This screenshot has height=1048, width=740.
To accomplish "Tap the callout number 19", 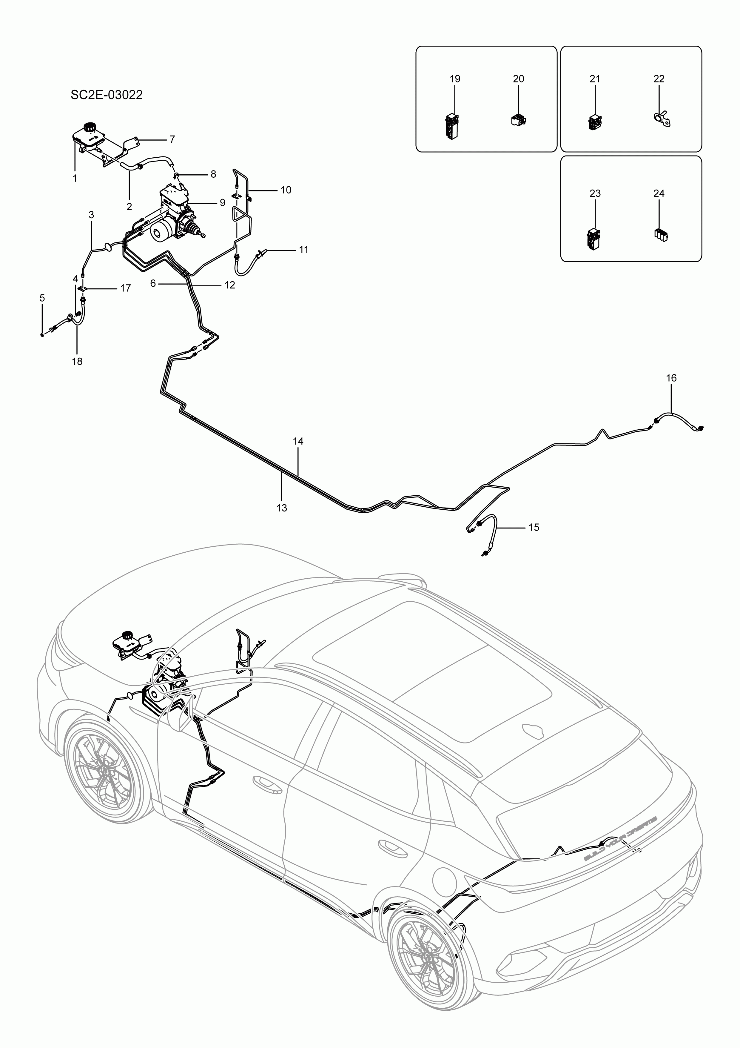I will point(455,79).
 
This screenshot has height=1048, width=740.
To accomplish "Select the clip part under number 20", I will point(519,120).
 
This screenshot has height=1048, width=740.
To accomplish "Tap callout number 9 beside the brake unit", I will point(222,202).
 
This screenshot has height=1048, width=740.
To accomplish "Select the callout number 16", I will point(671,378).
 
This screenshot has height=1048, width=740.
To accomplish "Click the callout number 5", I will point(42,298).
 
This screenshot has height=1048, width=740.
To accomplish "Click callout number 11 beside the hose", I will point(303,250).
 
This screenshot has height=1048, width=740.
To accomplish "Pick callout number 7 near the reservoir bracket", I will point(172,139).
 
